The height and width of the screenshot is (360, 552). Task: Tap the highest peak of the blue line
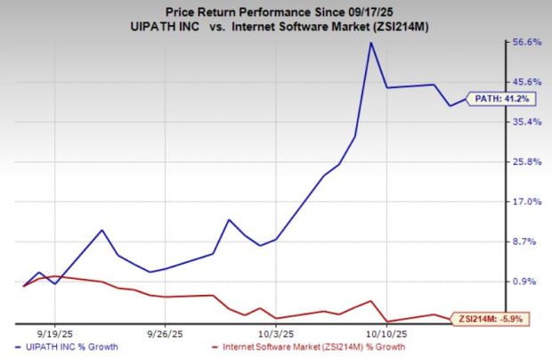pos(370,43)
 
